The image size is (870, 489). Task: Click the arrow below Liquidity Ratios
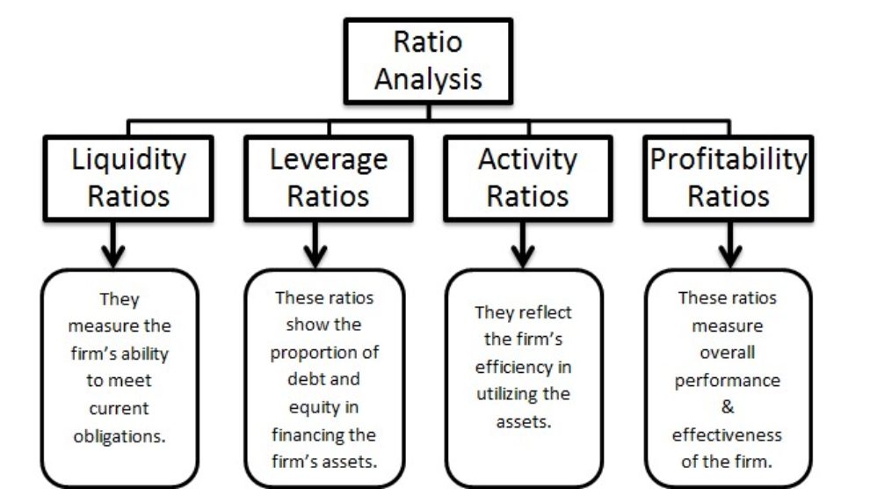pos(113,244)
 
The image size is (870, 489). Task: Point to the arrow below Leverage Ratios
pos(315,244)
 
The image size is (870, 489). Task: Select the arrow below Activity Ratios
pos(523,244)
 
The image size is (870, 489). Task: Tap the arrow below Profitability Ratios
pos(730,244)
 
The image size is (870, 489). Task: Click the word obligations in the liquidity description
pos(120,436)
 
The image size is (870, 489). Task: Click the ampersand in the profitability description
pos(728,407)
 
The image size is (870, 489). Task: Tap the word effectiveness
pos(727,434)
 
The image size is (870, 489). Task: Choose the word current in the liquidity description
pos(119,408)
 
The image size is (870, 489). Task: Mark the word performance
pos(728,381)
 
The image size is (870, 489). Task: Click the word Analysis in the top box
pos(428,79)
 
